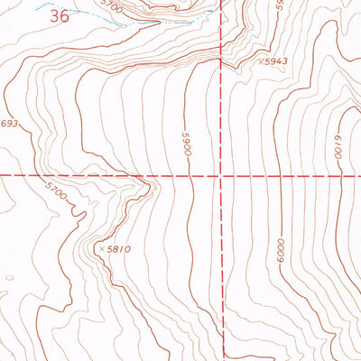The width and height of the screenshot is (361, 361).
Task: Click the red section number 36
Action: [60, 15]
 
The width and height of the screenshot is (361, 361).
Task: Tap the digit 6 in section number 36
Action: [65, 15]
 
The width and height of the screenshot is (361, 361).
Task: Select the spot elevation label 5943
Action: [275, 61]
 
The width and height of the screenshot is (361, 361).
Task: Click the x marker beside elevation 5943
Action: [260, 62]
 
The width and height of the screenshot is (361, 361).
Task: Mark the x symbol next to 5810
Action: [102, 246]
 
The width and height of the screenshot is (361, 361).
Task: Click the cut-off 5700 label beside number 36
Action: [110, 5]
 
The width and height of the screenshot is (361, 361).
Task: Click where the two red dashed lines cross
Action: [220, 174]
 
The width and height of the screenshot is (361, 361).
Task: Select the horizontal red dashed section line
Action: [90, 175]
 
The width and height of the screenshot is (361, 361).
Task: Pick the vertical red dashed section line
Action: [221, 271]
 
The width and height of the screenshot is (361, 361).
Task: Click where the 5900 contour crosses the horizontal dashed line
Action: [190, 174]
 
